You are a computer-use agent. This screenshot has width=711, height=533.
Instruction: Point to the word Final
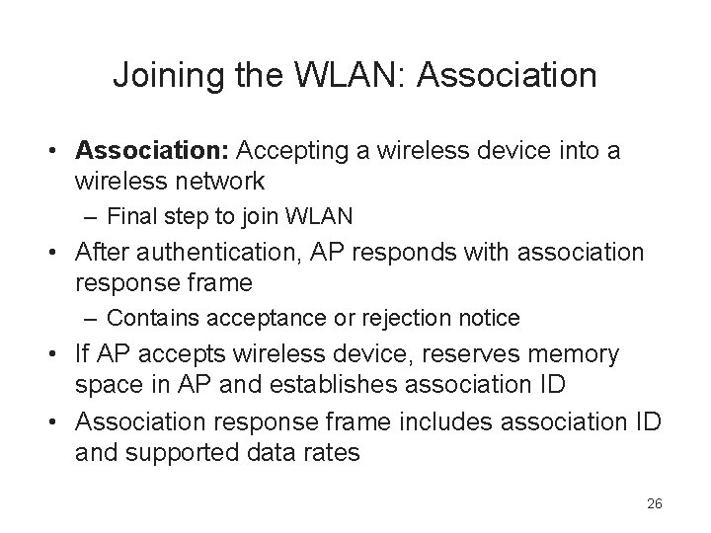click(131, 216)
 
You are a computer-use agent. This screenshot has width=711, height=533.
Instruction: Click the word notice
click(489, 318)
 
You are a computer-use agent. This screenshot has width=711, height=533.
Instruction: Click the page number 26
click(654, 504)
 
